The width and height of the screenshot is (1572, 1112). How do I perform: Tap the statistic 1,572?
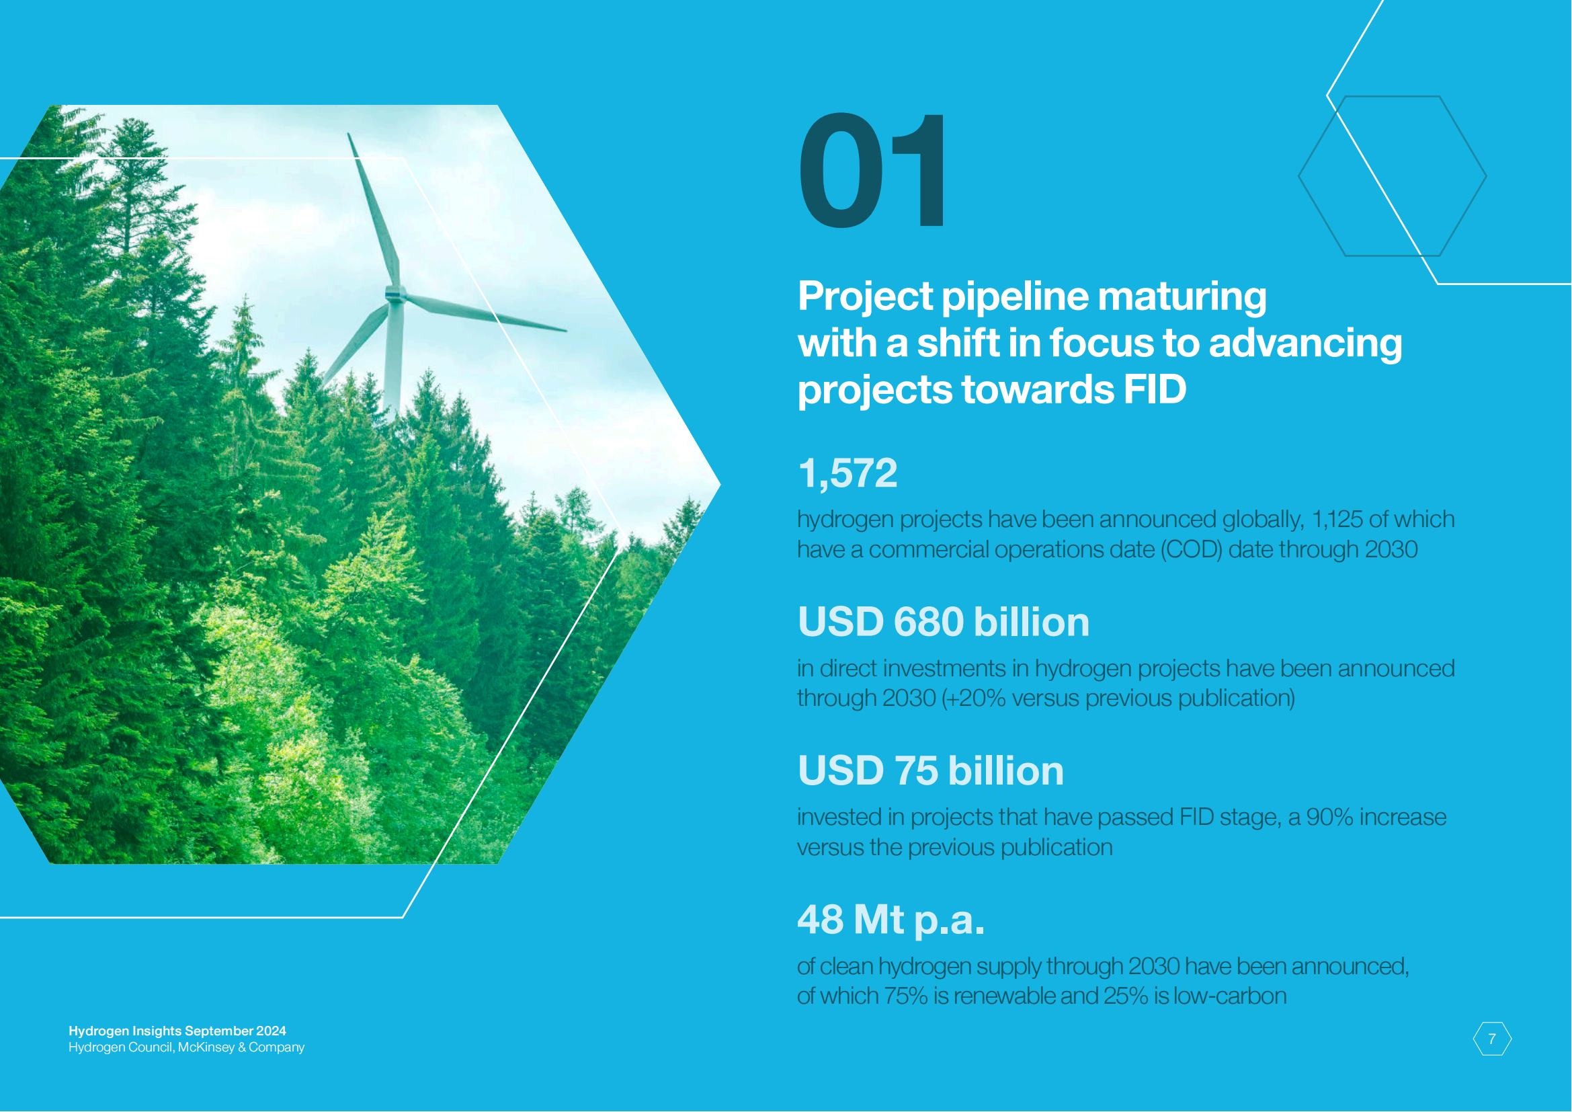point(847,473)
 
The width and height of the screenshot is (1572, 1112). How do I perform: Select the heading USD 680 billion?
point(944,622)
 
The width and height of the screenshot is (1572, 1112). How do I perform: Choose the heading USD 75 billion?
point(931,770)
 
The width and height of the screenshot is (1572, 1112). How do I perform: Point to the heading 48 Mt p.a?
point(891,920)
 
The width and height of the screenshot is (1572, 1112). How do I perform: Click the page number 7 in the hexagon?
point(1492,1039)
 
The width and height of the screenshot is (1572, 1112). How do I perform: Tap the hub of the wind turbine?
point(395,295)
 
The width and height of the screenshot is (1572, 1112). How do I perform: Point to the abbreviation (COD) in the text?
point(1191,550)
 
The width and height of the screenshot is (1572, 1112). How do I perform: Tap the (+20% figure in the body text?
point(974,699)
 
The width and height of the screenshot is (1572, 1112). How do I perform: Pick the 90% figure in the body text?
point(1329,818)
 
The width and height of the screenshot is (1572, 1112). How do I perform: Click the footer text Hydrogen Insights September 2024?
point(177,1031)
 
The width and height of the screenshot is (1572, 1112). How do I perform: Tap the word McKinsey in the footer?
point(206,1047)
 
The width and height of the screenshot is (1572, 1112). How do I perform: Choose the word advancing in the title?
point(1305,344)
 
